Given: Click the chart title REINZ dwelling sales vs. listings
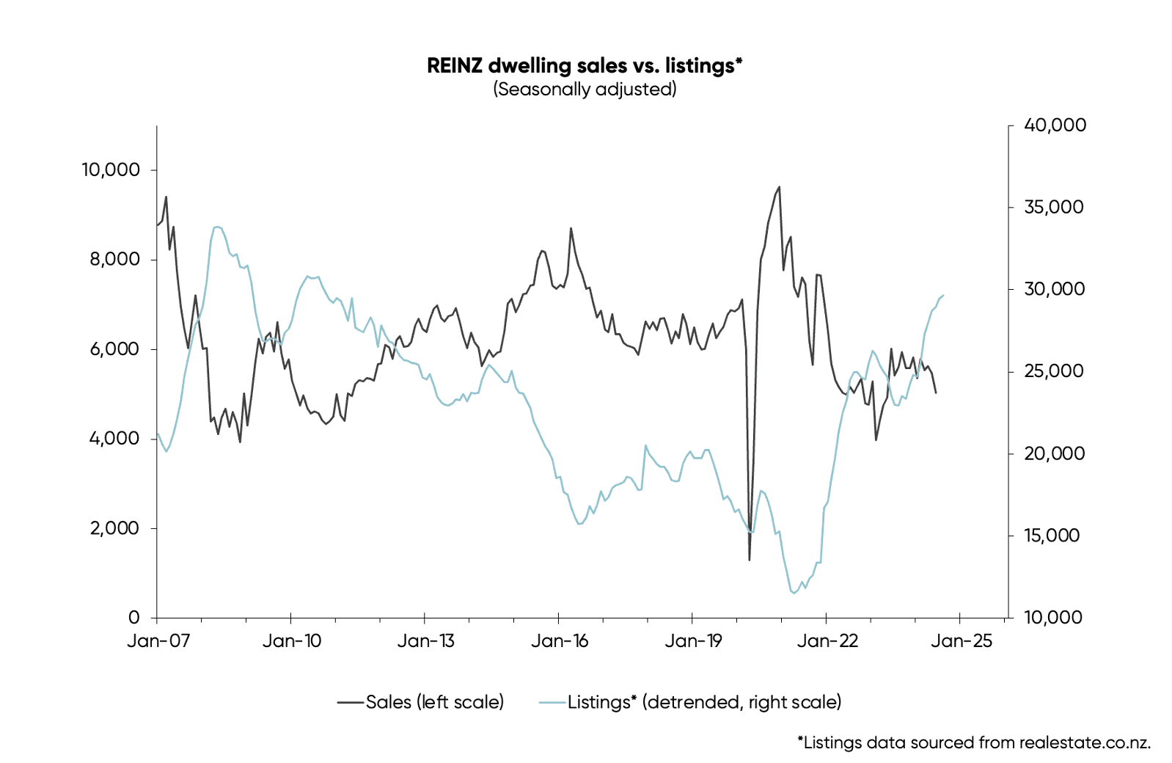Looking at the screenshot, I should pyautogui.click(x=585, y=65).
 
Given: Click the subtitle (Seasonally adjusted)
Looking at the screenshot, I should pyautogui.click(x=585, y=90).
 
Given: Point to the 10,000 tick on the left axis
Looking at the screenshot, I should pyautogui.click(x=111, y=170).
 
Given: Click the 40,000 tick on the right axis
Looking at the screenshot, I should pyautogui.click(x=1055, y=125).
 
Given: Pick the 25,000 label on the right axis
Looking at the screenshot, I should pyautogui.click(x=1053, y=371).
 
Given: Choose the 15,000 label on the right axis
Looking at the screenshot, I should pyautogui.click(x=1052, y=536).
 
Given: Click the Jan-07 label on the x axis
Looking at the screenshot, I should pyautogui.click(x=158, y=641).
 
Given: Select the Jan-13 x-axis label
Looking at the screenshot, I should pyautogui.click(x=425, y=641).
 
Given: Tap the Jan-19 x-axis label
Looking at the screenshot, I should pyautogui.click(x=693, y=641).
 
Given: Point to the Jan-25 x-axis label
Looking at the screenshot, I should pyautogui.click(x=961, y=641).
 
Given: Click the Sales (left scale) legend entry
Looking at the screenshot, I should pyautogui.click(x=421, y=702).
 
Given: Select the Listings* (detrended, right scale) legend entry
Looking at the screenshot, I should pyautogui.click(x=691, y=702).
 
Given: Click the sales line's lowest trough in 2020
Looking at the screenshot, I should pyautogui.click(x=749, y=560).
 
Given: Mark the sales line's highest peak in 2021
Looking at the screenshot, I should pyautogui.click(x=779, y=187).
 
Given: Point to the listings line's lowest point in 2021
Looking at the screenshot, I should pyautogui.click(x=793, y=593).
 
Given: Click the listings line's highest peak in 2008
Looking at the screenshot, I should pyautogui.click(x=217, y=227).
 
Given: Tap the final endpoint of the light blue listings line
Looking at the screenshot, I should pyautogui.click(x=943, y=296).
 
